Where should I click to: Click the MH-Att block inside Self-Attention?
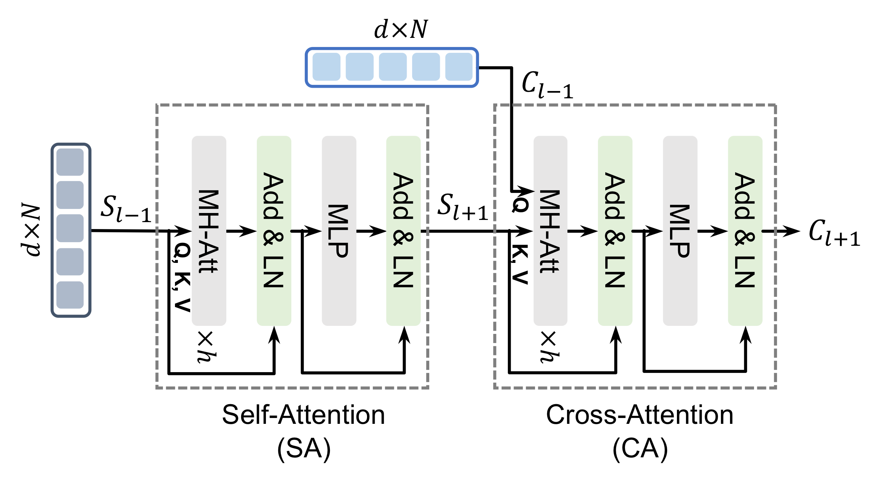point(209,230)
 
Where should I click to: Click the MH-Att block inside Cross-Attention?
point(550,230)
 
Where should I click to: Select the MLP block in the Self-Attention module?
point(339,230)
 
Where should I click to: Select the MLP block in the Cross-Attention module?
point(680,230)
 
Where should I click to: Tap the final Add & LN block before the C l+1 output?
point(745,230)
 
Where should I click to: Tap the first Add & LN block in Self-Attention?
point(274,230)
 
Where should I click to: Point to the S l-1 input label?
point(125,208)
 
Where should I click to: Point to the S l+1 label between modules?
point(462,207)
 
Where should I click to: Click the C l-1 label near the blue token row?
point(547,85)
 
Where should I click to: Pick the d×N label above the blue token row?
point(401,29)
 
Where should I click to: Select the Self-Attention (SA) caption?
point(304,431)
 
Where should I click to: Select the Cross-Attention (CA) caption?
point(640,431)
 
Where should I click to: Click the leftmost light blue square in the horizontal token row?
point(326,67)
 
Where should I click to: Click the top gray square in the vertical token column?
point(70,162)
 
